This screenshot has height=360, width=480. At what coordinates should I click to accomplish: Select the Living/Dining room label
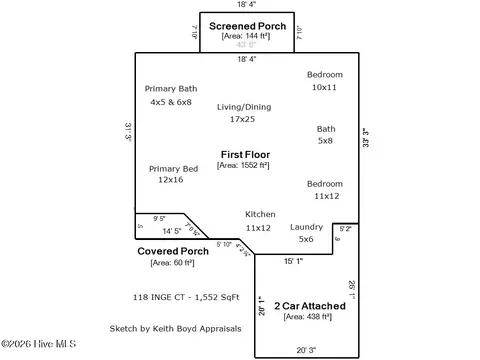pos(243,106)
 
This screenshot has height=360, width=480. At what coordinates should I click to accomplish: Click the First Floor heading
pos(245,154)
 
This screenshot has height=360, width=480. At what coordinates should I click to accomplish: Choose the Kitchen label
pos(260,215)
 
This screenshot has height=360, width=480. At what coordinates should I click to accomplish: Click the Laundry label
pos(306,227)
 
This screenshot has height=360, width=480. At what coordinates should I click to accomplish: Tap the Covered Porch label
pos(173,251)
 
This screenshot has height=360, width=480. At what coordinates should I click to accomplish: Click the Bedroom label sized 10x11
pos(325,75)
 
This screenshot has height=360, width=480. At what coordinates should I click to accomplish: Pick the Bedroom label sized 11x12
pos(324,184)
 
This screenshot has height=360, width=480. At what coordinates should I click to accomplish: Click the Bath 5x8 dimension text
pos(326,141)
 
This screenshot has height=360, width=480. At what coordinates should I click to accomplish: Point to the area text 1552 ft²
pos(244,166)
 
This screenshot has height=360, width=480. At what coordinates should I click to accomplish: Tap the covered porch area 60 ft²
pos(173,263)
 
